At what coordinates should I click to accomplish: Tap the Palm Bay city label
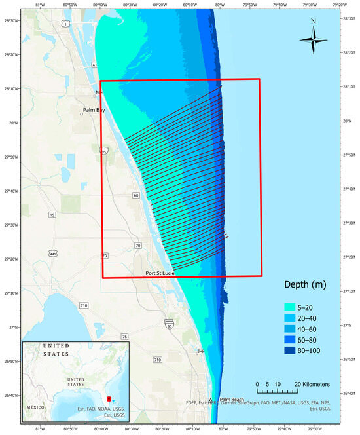pyautogui.click(x=94, y=110)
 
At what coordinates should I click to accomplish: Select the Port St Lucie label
pyautogui.click(x=159, y=273)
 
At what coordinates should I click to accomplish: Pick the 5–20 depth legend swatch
pyautogui.click(x=290, y=306)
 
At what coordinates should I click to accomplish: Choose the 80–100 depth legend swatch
pyautogui.click(x=290, y=351)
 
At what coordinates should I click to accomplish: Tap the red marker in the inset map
pyautogui.click(x=109, y=398)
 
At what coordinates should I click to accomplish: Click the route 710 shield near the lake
pyautogui.click(x=83, y=305)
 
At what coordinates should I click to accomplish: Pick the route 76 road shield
pyautogui.click(x=124, y=337)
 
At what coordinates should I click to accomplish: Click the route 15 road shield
pyautogui.click(x=52, y=215)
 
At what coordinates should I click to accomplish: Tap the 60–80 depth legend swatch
pyautogui.click(x=290, y=340)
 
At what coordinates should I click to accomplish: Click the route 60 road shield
pyautogui.click(x=135, y=195)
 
